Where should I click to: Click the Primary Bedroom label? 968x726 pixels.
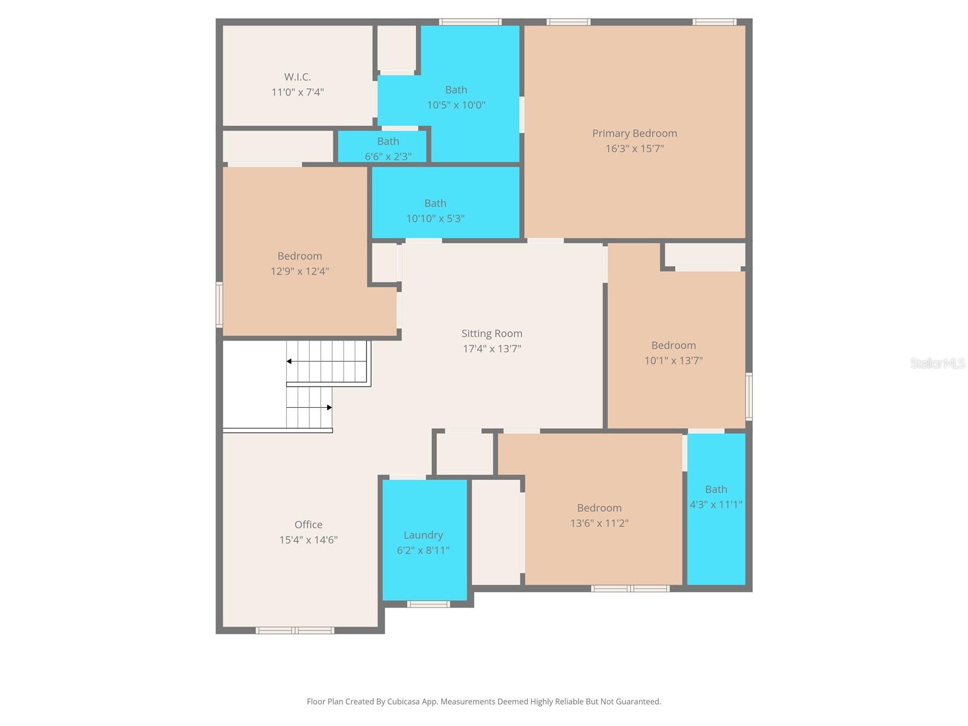pyautogui.click(x=634, y=133)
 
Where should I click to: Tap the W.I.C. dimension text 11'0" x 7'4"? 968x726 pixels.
pyautogui.click(x=297, y=93)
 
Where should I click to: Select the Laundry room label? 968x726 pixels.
pyautogui.click(x=423, y=535)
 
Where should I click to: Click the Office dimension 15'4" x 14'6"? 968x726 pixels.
pyautogui.click(x=308, y=540)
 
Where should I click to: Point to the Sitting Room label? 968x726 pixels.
pyautogui.click(x=491, y=333)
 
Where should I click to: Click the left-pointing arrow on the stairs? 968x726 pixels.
pyautogui.click(x=290, y=361)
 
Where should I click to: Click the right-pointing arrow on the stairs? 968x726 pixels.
pyautogui.click(x=329, y=408)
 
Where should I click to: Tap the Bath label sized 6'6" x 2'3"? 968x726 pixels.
pyautogui.click(x=388, y=141)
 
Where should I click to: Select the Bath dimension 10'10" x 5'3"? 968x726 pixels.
pyautogui.click(x=435, y=218)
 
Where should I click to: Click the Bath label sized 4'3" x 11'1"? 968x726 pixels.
pyautogui.click(x=716, y=489)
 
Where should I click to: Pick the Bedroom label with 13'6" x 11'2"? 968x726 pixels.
pyautogui.click(x=599, y=508)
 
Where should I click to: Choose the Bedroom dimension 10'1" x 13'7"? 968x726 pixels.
pyautogui.click(x=673, y=361)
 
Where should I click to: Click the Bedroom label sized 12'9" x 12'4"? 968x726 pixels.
pyautogui.click(x=299, y=256)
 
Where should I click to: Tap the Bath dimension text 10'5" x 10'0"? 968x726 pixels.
pyautogui.click(x=456, y=105)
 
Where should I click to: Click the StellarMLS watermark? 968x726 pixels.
pyautogui.click(x=937, y=363)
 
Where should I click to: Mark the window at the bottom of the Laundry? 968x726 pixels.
pyautogui.click(x=428, y=604)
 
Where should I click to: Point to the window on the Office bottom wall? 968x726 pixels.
pyautogui.click(x=295, y=630)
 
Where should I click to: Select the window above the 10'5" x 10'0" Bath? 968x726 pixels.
pyautogui.click(x=470, y=22)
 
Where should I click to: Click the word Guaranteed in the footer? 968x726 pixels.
pyautogui.click(x=641, y=702)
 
